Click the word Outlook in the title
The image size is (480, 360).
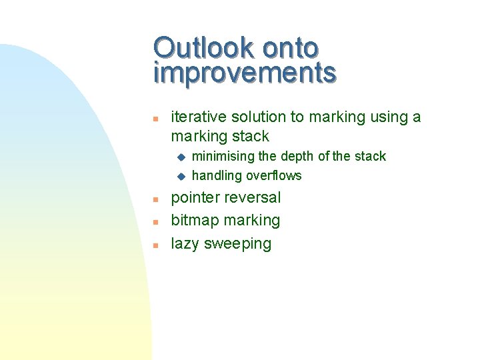coord(204,48)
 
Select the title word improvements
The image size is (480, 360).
coord(245,73)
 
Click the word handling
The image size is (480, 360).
coord(217,176)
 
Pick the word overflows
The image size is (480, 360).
coord(274,176)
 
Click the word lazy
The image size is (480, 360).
coord(185,244)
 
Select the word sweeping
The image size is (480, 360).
coord(238,244)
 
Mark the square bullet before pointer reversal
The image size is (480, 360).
coord(154,199)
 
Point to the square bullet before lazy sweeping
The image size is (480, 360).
coord(154,245)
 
